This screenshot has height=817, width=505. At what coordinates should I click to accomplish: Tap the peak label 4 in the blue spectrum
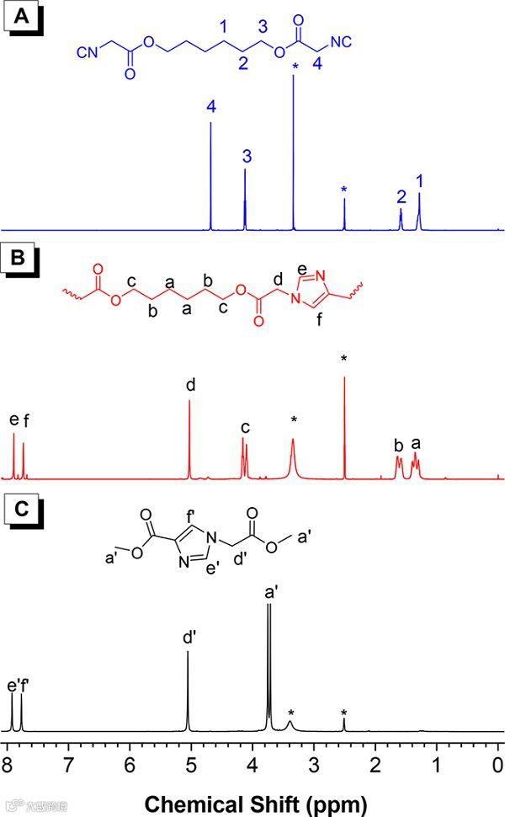point(210,107)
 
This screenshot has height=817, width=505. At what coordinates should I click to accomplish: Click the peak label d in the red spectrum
point(190,385)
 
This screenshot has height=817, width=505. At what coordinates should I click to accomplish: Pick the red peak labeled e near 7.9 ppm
point(14,455)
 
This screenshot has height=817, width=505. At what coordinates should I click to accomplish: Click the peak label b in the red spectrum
point(397,443)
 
